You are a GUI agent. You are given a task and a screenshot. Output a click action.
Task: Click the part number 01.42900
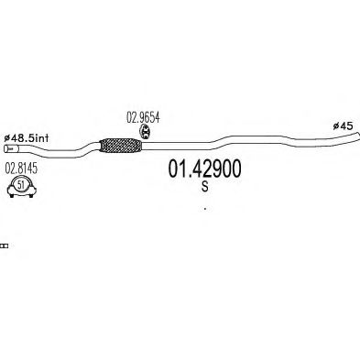click(204, 169)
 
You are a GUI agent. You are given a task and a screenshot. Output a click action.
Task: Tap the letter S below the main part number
click(205, 186)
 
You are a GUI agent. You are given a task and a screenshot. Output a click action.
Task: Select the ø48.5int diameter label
click(27, 138)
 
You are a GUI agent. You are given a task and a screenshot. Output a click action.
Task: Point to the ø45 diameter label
click(343, 125)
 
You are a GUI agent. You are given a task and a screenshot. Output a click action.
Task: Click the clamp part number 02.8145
click(21, 169)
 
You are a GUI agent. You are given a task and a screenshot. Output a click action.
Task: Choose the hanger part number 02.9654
click(143, 117)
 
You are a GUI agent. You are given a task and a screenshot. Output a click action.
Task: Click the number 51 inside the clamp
click(21, 184)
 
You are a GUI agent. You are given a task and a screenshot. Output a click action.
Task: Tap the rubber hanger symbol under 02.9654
click(146, 133)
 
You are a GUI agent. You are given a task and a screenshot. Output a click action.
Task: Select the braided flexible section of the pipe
click(121, 146)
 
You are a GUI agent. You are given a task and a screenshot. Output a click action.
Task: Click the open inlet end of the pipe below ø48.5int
click(6, 148)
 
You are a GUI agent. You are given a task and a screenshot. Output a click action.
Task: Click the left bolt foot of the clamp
click(12, 195)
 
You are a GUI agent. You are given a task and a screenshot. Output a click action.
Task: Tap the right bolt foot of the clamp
click(31, 195)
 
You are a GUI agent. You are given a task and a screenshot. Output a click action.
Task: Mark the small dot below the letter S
click(205, 209)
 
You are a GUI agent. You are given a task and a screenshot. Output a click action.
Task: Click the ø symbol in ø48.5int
click(7, 138)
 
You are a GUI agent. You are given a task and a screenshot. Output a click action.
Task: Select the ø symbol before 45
click(336, 126)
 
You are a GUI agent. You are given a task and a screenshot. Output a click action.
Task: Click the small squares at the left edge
click(5, 245)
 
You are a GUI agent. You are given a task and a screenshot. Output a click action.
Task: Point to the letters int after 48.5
click(42, 138)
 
